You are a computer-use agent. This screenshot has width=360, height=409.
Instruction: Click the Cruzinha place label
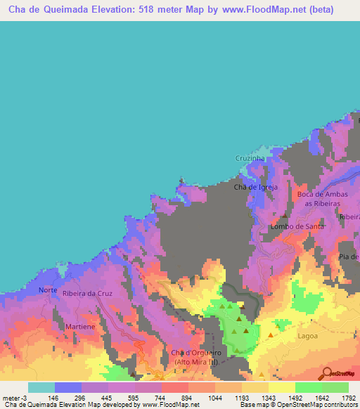tap(250, 159)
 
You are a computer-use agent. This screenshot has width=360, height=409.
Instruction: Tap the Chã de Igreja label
tap(256, 187)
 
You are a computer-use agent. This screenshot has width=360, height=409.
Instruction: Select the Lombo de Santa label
tap(297, 227)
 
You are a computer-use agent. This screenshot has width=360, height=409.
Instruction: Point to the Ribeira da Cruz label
tap(88, 293)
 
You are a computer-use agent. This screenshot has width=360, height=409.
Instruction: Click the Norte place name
tap(48, 290)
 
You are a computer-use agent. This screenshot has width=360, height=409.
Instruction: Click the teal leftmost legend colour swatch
tap(41, 387)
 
